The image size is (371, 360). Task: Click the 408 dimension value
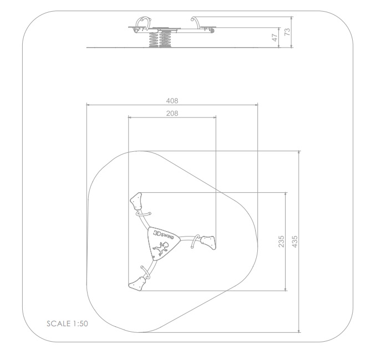point(172,101)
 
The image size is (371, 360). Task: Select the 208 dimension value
point(172,114)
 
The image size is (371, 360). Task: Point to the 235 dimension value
point(281,241)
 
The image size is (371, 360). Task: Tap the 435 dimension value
point(295,241)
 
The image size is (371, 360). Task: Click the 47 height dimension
point(275,37)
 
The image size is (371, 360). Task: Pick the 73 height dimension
point(287,32)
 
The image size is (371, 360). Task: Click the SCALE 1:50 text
point(68,323)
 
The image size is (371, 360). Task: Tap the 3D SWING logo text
point(164,235)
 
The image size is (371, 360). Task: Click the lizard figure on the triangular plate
point(161,249)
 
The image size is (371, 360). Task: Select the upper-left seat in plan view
point(136,201)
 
